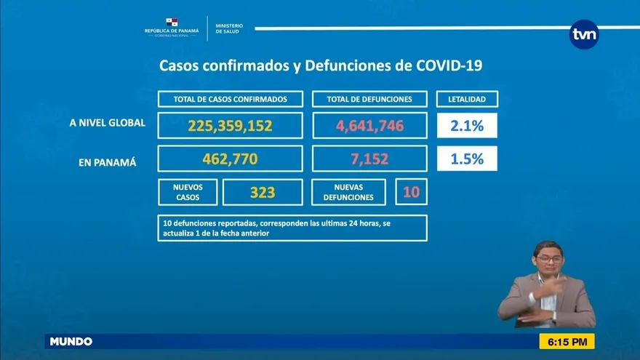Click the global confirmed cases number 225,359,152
230,126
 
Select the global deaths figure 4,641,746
369,126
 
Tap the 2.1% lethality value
467,125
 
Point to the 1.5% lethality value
467,159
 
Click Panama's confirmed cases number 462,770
230,159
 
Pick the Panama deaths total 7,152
369,159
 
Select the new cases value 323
262,193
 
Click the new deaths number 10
411,192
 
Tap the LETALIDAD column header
467,99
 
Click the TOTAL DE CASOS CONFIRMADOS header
230,99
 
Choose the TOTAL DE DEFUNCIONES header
369,99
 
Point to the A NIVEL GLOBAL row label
107,124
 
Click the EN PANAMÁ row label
107,162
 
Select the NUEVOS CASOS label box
188,192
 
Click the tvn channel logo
584,34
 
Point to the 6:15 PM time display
567,341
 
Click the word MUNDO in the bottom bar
71,341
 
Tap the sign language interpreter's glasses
548,260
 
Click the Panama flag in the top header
171,22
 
